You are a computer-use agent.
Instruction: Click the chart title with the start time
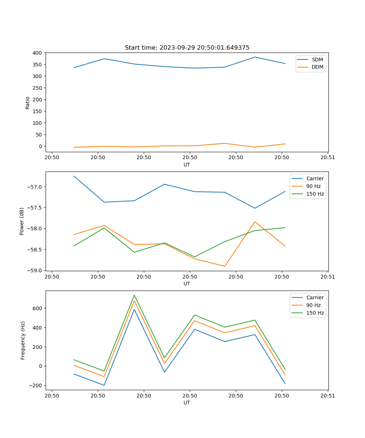point(187,48)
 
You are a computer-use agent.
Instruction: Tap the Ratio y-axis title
point(28,103)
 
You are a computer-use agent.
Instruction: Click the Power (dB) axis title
point(22,221)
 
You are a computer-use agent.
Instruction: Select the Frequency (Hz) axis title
point(23,340)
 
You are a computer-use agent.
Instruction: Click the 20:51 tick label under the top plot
point(327,158)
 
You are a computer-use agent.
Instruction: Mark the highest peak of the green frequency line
point(134,295)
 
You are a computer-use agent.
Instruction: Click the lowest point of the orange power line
point(224,266)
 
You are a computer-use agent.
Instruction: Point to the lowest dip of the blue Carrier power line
point(255,208)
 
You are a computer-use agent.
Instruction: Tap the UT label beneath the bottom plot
point(187,403)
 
